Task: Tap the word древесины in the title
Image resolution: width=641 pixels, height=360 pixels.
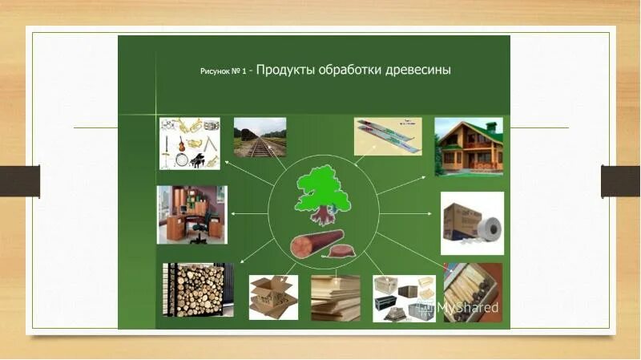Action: coord(417,70)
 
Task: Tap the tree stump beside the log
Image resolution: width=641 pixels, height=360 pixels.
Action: coord(341,252)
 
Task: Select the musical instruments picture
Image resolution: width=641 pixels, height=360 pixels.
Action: coord(189,143)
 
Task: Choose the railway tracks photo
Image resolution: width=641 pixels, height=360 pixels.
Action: coord(260,137)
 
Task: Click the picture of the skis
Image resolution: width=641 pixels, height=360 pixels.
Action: coord(388,136)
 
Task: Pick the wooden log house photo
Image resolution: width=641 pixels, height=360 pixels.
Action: coord(469,146)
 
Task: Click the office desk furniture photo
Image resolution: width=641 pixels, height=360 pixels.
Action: coord(191,214)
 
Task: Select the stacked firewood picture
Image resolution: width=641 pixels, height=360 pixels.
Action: coord(197,289)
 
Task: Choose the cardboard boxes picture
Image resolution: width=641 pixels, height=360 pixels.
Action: coord(272,297)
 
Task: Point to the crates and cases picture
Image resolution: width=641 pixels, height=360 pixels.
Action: coord(403,297)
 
